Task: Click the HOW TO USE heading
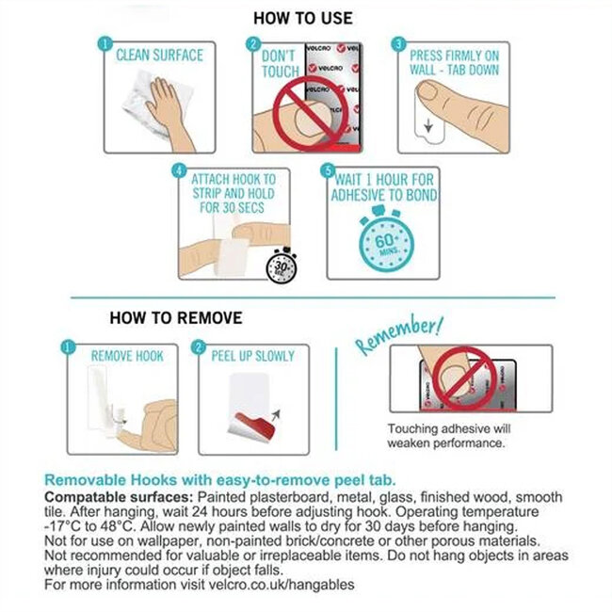303,18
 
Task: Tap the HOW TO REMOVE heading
176,317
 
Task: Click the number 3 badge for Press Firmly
399,43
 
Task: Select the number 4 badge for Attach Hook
179,170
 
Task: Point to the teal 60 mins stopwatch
386,239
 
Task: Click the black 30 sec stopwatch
282,266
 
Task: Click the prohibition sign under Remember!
465,378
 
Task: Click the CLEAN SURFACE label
160,56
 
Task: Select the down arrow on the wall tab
428,125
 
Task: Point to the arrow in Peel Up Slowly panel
276,415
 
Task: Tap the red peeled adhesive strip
254,424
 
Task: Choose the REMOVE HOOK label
127,356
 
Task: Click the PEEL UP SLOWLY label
253,356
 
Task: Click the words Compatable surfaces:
119,497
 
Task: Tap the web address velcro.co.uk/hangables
282,585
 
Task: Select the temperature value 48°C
118,526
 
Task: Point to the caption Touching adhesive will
449,428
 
